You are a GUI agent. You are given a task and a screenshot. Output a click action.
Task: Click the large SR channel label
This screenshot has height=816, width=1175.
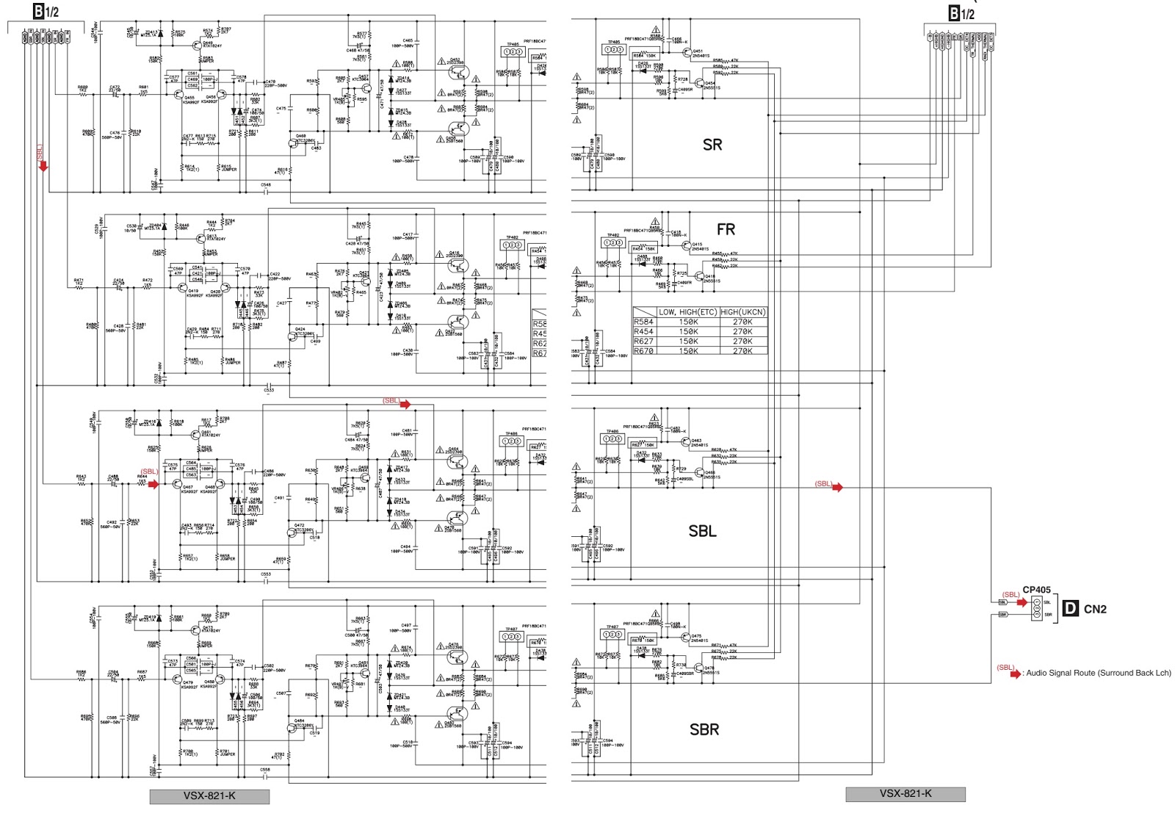[712, 145]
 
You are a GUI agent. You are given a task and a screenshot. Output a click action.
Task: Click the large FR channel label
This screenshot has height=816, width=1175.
[726, 230]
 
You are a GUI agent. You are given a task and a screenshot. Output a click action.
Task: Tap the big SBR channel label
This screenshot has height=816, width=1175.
[704, 729]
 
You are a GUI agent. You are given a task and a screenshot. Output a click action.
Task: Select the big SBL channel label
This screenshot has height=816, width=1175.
[702, 531]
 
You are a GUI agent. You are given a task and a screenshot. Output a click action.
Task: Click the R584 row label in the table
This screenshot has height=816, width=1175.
[643, 322]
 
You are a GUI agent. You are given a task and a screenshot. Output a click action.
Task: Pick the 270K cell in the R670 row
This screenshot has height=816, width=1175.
[742, 351]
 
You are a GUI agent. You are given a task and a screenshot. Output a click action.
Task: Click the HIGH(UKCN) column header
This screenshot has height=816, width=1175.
[742, 312]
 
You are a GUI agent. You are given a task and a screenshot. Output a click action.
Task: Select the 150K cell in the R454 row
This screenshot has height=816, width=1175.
[688, 331]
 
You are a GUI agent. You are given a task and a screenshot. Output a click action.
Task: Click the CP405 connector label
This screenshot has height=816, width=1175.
[1036, 590]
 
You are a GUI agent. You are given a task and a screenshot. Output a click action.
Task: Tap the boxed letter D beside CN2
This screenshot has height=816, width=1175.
[1071, 608]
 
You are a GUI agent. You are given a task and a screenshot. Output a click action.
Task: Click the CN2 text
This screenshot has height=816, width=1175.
[1094, 609]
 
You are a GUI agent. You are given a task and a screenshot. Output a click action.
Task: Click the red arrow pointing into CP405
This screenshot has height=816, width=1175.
[1022, 602]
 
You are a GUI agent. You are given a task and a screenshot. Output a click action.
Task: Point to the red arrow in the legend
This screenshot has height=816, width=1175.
[1015, 674]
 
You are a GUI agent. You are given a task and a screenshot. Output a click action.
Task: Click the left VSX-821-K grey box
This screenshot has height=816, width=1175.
[209, 796]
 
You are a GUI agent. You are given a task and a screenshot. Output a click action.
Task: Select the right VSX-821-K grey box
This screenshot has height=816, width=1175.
[905, 794]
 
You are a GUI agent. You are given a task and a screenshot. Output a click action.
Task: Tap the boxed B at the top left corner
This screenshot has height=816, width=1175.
[38, 11]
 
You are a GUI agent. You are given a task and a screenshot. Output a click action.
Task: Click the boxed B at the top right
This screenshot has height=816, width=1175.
[954, 13]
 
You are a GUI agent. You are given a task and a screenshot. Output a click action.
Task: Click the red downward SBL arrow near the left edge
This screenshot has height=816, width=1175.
[43, 167]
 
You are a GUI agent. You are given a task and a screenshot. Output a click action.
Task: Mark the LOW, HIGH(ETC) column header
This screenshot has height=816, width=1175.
[687, 312]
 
